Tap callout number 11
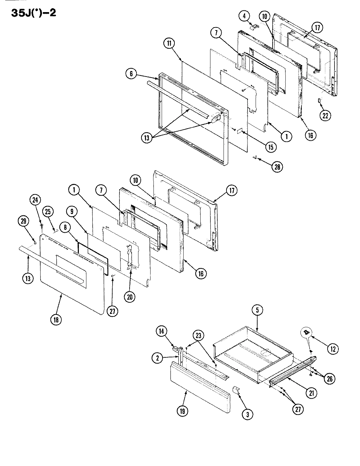pos(170,44)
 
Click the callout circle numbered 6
pos(131,74)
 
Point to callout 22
pos(326,115)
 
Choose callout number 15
pos(270,147)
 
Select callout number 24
pos(36,199)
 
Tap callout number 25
pos(48,212)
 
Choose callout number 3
pos(247,414)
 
